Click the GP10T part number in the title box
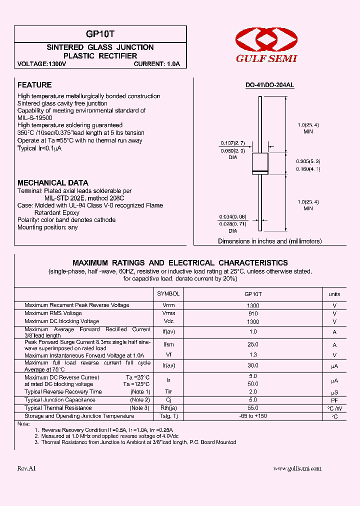[100, 34]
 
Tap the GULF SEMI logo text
[266, 58]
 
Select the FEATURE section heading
[34, 85]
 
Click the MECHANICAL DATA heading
[52, 183]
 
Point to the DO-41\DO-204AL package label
[269, 85]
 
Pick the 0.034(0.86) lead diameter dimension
[232, 216]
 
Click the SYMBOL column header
[168, 294]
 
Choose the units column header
[334, 294]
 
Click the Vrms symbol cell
[168, 313]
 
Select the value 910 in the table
[253, 313]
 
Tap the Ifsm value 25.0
[253, 344]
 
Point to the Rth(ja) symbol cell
[168, 408]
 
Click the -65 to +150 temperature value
[253, 416]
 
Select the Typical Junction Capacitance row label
[59, 400]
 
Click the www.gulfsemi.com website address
[297, 468]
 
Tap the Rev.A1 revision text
[26, 468]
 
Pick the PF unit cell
[334, 400]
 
